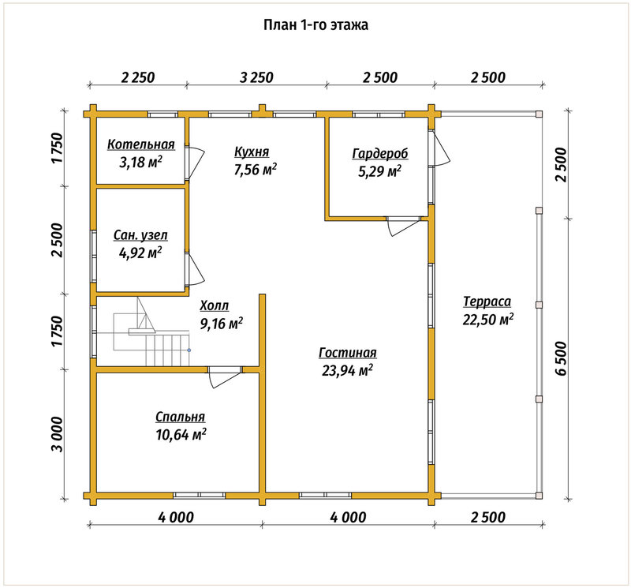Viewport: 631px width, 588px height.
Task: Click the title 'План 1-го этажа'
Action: click(315, 25)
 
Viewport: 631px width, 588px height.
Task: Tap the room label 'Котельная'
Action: click(141, 144)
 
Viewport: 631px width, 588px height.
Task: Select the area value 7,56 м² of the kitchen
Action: click(256, 170)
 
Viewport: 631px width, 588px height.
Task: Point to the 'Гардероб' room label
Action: click(380, 153)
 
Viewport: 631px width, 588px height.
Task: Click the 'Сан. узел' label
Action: click(140, 235)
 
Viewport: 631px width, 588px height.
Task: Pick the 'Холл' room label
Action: click(214, 306)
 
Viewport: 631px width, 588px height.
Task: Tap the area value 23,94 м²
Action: click(347, 370)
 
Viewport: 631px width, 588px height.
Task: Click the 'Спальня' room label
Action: click(181, 417)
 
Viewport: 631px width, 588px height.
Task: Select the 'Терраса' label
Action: click(487, 301)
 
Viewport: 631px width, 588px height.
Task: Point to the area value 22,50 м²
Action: click(487, 320)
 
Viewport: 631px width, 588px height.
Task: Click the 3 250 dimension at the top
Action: click(256, 77)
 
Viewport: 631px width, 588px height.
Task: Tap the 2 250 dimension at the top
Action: click(137, 77)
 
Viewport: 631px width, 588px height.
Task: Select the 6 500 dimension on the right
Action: click(561, 358)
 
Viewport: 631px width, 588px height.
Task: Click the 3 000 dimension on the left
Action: click(58, 434)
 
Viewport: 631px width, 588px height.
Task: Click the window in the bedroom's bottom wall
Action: click(200, 496)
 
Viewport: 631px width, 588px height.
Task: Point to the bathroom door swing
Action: click(195, 270)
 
